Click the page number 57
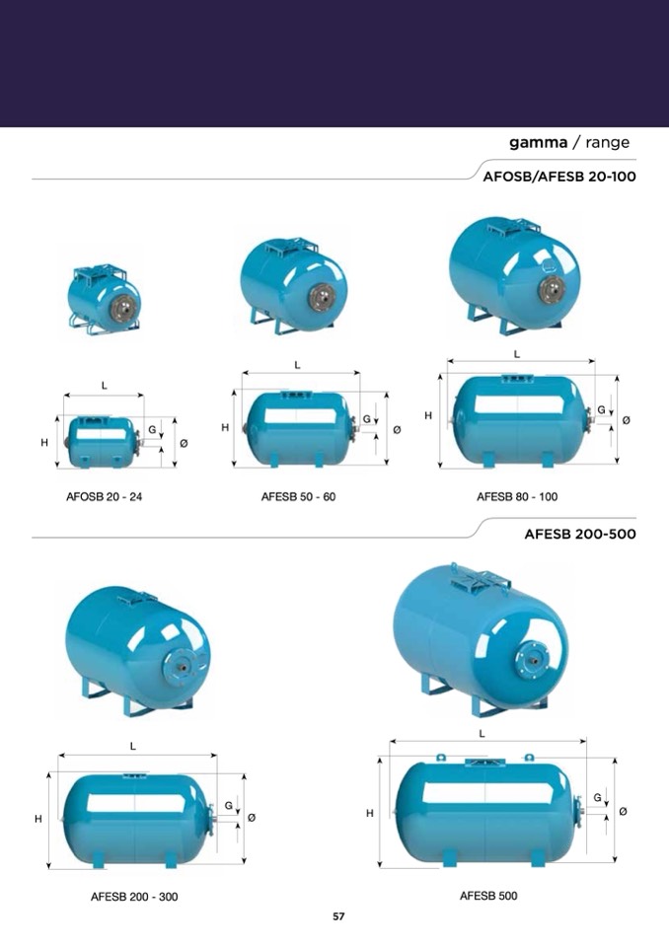click(x=338, y=916)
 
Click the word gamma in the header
click(x=538, y=142)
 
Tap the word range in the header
click(x=607, y=142)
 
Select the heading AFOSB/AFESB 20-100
click(x=559, y=177)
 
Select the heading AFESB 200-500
click(x=580, y=534)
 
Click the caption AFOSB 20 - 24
click(x=104, y=497)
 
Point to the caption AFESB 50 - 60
click(x=298, y=497)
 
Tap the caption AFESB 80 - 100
click(x=517, y=497)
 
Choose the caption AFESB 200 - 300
click(x=134, y=897)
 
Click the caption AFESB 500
click(x=488, y=896)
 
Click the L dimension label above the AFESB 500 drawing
click(x=482, y=734)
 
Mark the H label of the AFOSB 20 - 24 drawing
click(x=44, y=443)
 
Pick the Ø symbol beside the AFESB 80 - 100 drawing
click(x=627, y=420)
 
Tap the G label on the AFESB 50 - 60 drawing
click(x=366, y=419)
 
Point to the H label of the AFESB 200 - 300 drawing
click(x=38, y=819)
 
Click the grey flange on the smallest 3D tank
click(x=120, y=310)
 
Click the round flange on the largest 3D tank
click(x=533, y=660)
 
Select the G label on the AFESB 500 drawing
click(x=597, y=798)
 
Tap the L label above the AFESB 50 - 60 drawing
click(x=297, y=365)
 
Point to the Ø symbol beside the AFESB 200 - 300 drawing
click(x=252, y=818)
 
